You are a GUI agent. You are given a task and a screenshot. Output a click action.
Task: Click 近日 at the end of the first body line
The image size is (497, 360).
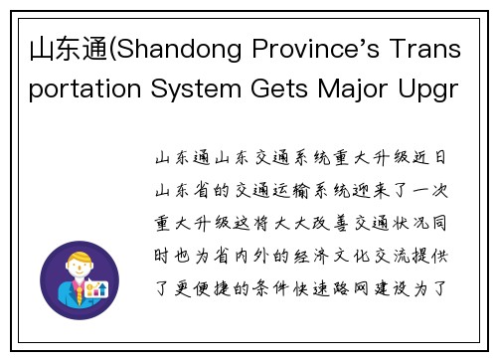pyautogui.click(x=433, y=157)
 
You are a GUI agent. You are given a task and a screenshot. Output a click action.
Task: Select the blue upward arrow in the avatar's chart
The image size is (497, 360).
pyautogui.click(x=99, y=288)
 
